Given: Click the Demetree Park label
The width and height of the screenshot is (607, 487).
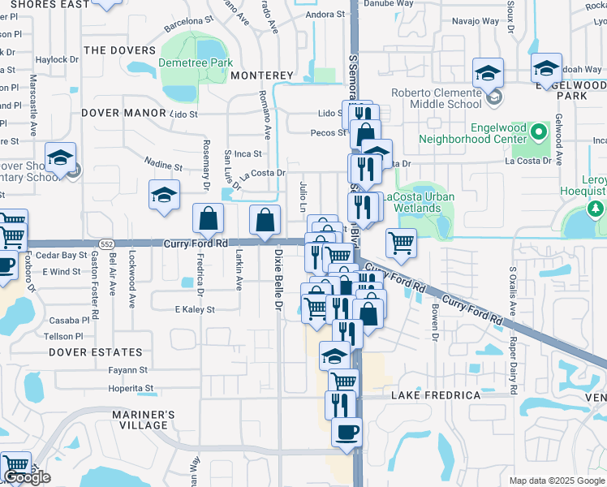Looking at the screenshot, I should click(196, 62).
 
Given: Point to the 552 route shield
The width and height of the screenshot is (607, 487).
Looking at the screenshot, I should click(107, 243).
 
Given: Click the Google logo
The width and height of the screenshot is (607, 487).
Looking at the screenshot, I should click(27, 477).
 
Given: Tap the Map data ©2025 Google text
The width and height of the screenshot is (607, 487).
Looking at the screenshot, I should click(557, 481).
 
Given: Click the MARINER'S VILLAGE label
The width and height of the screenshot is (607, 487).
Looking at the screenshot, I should click(140, 420).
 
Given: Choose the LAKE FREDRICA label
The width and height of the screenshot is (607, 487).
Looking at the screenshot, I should click(436, 395).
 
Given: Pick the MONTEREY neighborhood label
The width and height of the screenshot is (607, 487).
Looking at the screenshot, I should click(261, 75).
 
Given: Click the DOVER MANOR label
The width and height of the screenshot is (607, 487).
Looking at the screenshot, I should click(120, 114).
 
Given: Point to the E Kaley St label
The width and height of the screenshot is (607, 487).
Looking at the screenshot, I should click(195, 309).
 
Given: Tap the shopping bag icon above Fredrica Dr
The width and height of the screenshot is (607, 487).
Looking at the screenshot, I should click(209, 218).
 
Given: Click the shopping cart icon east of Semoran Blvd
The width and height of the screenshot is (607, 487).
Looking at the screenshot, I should click(401, 241).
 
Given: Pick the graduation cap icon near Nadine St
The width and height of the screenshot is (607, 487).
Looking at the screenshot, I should click(164, 194).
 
